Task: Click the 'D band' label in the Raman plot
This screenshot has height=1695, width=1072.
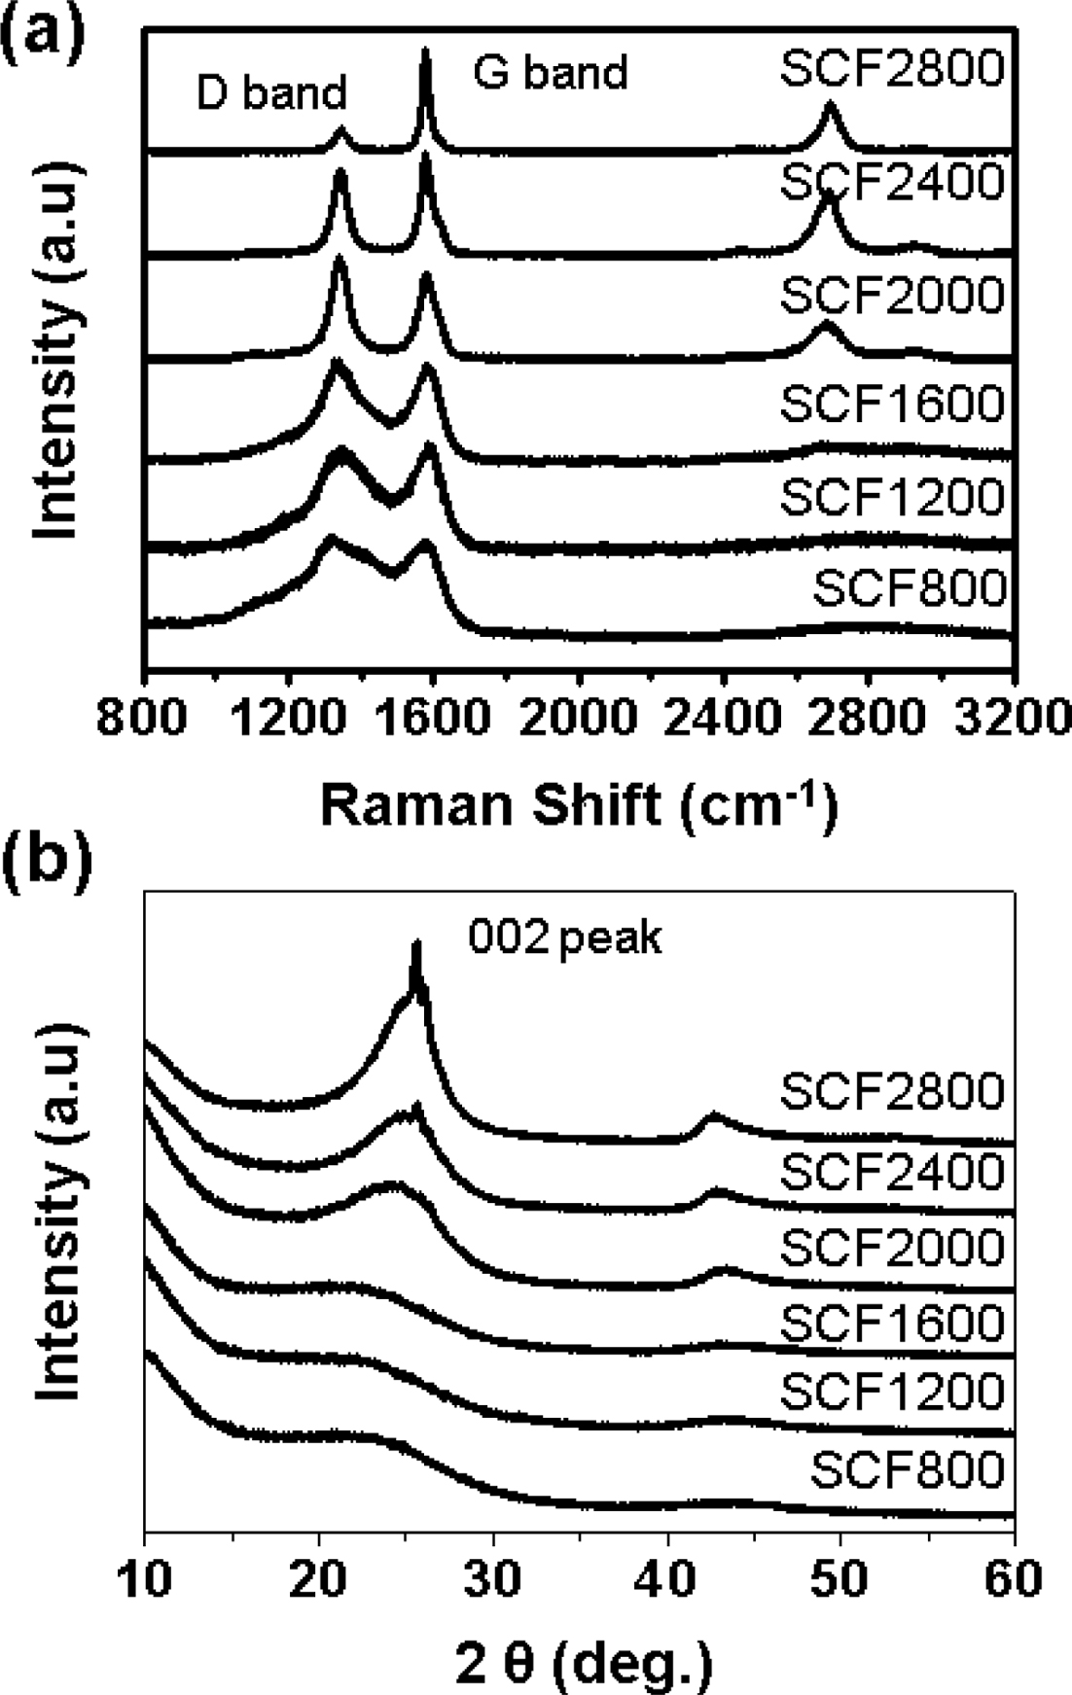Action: (x=271, y=92)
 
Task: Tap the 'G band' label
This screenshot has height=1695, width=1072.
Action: (x=551, y=73)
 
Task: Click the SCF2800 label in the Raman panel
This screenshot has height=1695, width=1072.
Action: (x=892, y=70)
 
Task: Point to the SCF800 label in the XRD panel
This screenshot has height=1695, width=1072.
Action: (x=908, y=1469)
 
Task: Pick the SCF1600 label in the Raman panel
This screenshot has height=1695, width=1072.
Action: (x=892, y=404)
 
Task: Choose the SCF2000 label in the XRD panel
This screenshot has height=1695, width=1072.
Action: (x=892, y=1248)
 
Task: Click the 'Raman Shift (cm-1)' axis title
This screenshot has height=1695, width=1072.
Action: (x=579, y=806)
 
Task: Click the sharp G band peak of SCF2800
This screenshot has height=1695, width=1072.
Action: (x=425, y=53)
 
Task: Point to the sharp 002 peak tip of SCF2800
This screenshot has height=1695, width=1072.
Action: (x=417, y=944)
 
